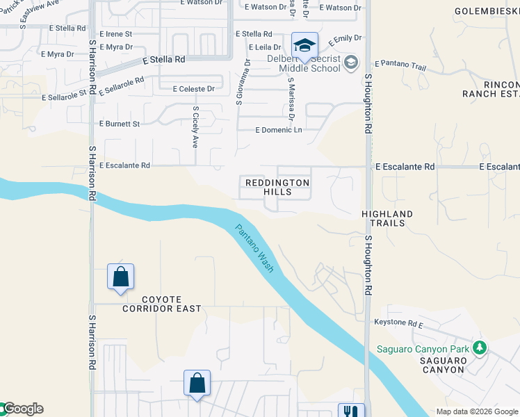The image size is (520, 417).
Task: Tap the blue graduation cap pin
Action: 304,46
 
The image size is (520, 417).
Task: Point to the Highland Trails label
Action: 387,218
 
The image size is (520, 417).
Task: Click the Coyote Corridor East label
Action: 161,303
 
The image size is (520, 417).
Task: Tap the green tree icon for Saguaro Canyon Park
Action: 479,347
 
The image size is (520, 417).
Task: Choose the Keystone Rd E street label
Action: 399,324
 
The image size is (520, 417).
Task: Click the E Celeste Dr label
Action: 193,88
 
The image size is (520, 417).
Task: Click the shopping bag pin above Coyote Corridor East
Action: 121,277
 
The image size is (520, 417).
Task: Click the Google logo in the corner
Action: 22,409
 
